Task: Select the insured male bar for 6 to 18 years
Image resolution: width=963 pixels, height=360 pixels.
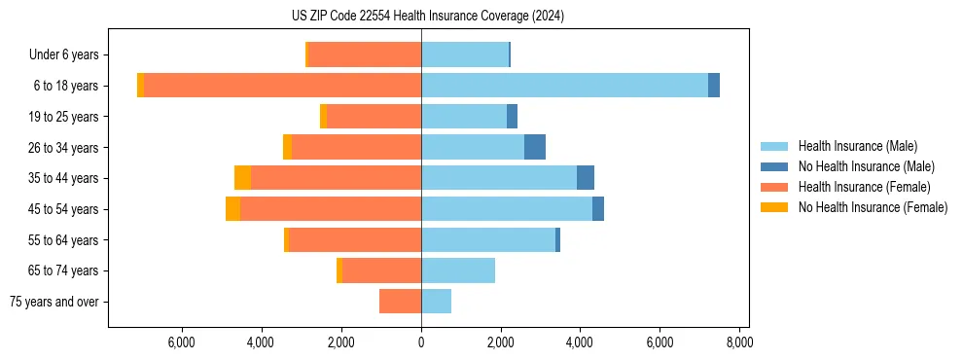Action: (564, 86)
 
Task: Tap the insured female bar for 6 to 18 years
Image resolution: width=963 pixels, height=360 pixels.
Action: (282, 86)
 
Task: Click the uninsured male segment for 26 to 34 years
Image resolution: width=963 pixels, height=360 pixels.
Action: (534, 147)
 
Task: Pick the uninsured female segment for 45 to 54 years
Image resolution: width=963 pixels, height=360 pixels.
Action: (232, 209)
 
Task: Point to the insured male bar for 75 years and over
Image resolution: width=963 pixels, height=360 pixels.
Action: (436, 302)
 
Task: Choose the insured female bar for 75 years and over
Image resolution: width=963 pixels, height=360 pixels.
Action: (400, 302)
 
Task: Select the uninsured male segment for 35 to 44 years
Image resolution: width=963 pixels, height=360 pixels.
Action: (585, 178)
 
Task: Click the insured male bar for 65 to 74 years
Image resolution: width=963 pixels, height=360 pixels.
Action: (458, 270)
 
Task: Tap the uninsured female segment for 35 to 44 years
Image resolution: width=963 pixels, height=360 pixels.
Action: (242, 178)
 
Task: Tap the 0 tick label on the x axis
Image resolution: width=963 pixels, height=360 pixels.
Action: (421, 342)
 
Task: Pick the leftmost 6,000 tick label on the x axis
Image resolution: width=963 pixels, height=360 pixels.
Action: (182, 342)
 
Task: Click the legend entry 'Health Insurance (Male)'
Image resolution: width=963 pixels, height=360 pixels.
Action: (857, 146)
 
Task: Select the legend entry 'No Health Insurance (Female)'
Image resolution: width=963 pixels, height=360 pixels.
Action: (873, 207)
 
